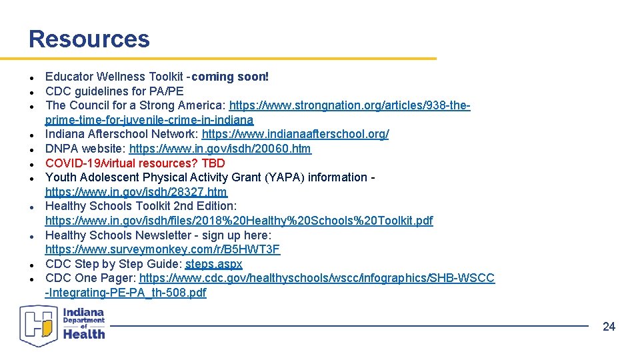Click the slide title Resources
click(x=89, y=39)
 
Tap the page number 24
click(x=609, y=326)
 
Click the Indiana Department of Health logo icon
click(x=39, y=325)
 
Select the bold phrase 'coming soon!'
click(x=230, y=77)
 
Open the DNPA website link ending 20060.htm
click(x=220, y=149)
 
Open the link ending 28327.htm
click(x=136, y=192)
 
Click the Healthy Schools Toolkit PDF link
click(x=239, y=221)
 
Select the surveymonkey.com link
click(x=163, y=249)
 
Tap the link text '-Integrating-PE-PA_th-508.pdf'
click(x=125, y=293)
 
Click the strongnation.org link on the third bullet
click(x=349, y=105)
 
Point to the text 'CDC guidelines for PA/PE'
click(x=114, y=91)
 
